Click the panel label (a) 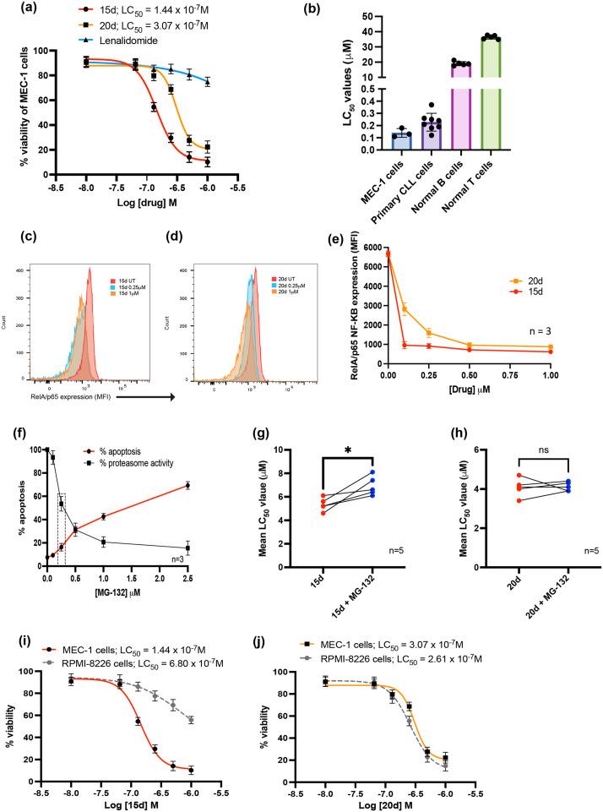click(15, 11)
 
